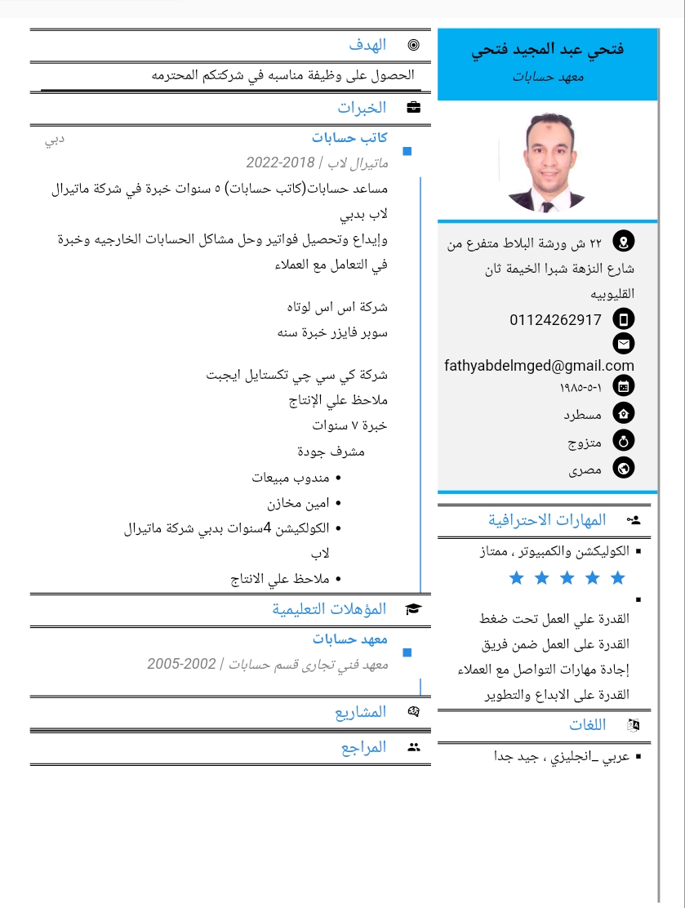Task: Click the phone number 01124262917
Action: (x=555, y=319)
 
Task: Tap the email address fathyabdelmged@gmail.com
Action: (x=539, y=366)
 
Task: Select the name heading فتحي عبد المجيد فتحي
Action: (x=547, y=50)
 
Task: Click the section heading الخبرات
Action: (x=362, y=107)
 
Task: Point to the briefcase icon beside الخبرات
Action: (x=414, y=107)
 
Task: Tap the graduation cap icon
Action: (x=414, y=609)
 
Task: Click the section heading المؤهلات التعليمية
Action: (x=329, y=609)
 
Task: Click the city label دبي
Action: (x=55, y=139)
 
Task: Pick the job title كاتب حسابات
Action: (x=349, y=138)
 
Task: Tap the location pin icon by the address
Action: (x=624, y=242)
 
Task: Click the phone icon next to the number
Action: (x=624, y=319)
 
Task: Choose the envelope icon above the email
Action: (x=624, y=344)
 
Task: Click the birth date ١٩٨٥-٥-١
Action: (x=580, y=386)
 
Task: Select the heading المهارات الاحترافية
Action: (x=547, y=519)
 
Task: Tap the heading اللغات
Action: (x=587, y=724)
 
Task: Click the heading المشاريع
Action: (x=360, y=712)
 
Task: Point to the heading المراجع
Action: (x=363, y=747)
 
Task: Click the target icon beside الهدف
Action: (x=414, y=45)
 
